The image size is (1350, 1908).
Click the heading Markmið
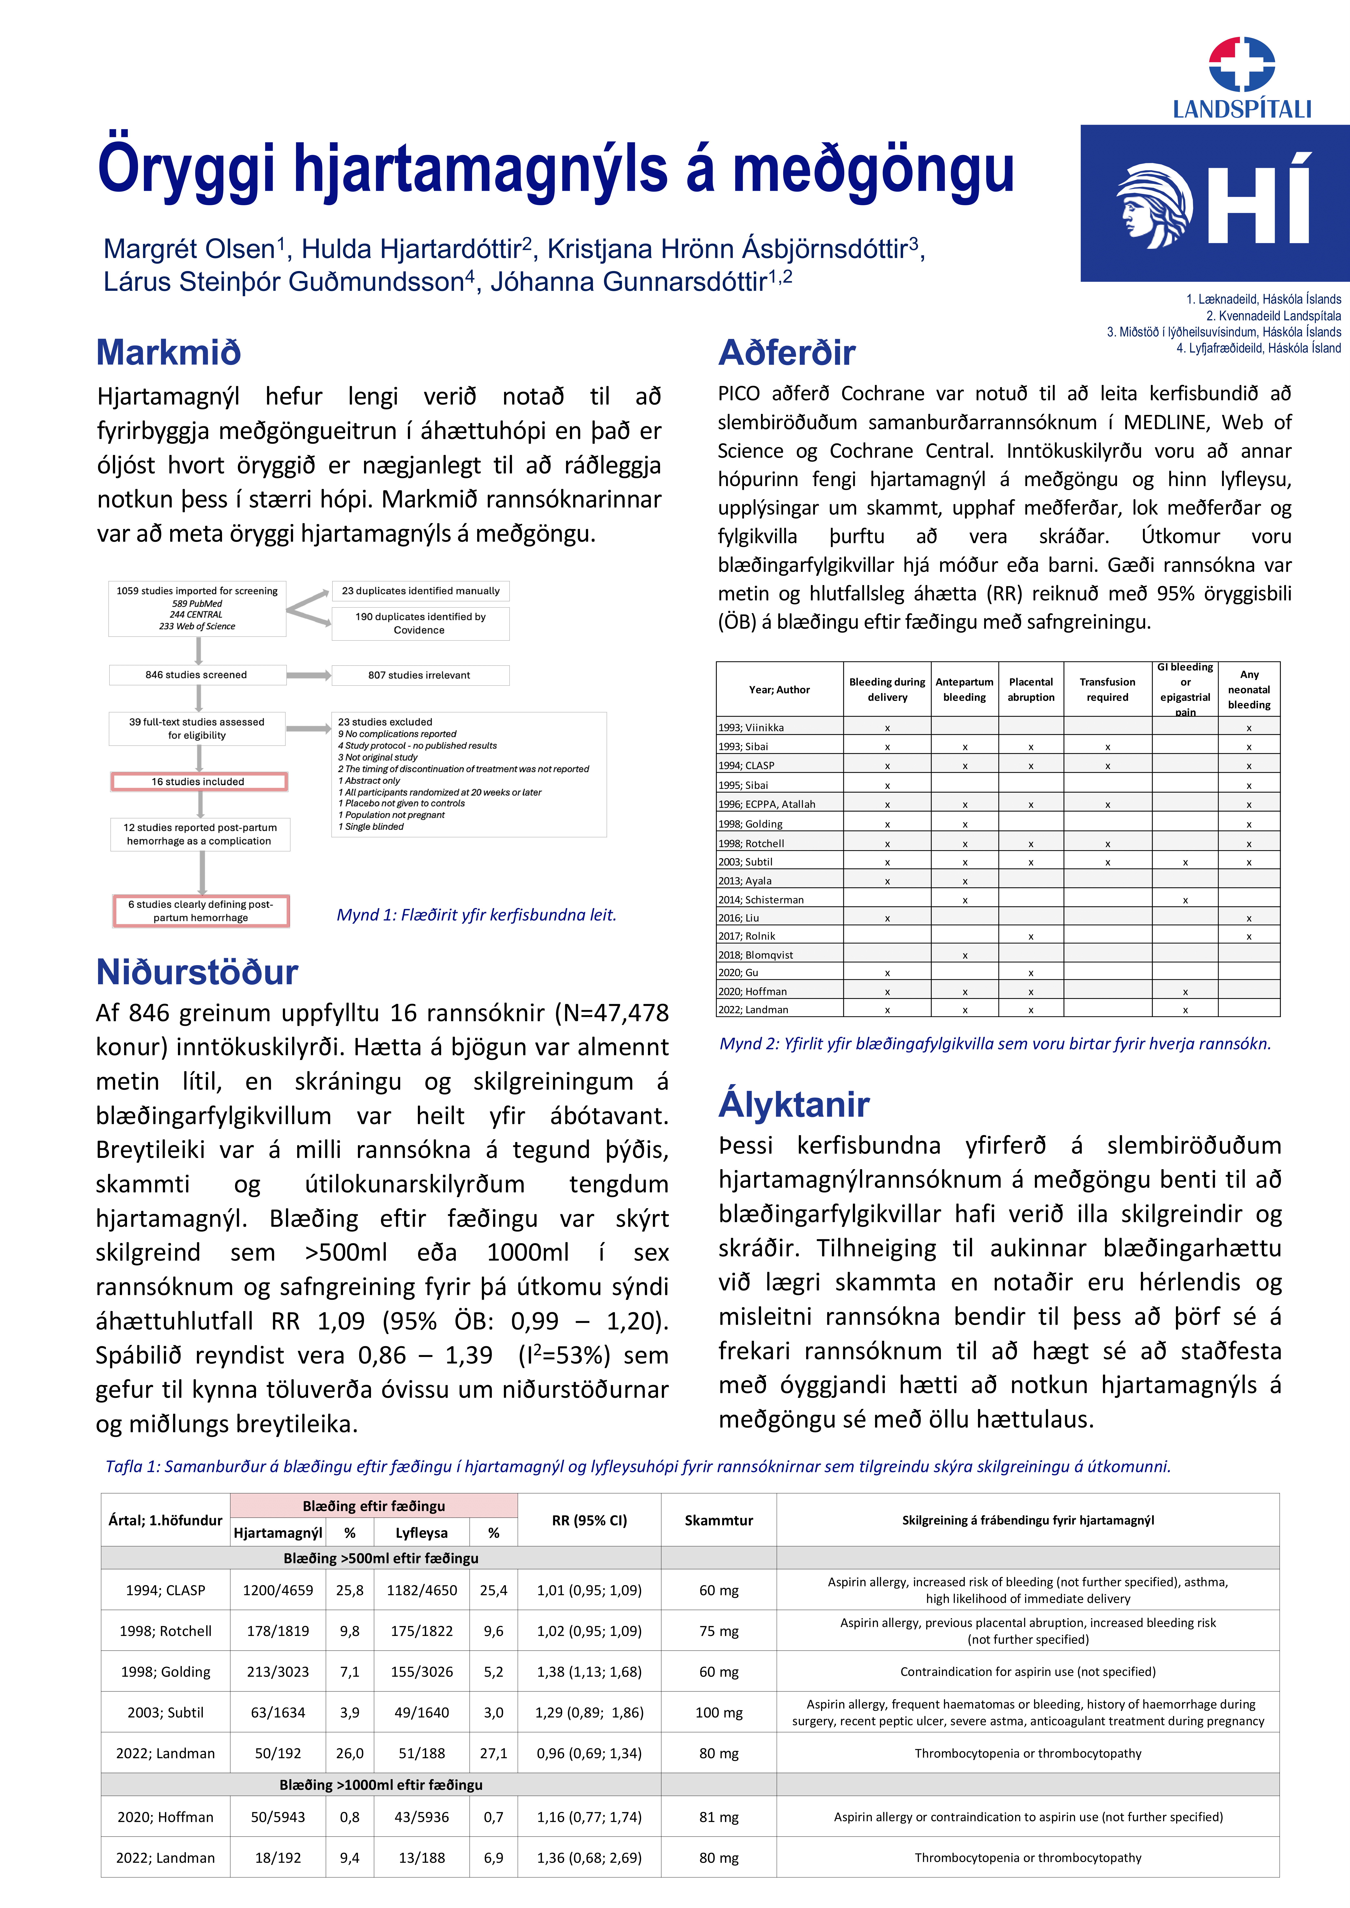(x=169, y=352)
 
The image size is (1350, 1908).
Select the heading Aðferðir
(x=786, y=352)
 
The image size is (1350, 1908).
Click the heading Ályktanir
(x=794, y=1104)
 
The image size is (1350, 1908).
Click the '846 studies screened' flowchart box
(x=197, y=675)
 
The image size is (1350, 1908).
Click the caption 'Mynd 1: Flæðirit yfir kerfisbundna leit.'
(x=476, y=915)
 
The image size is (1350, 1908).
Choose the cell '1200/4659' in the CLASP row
(x=278, y=1590)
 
